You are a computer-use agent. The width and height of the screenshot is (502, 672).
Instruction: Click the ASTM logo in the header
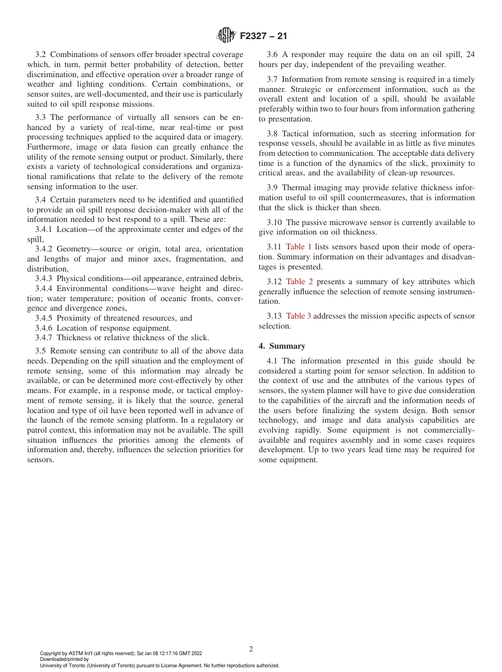[x=226, y=36]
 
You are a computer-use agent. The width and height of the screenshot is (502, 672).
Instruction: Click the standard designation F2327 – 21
[x=263, y=36]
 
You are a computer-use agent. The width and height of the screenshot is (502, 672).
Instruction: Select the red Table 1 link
[x=299, y=247]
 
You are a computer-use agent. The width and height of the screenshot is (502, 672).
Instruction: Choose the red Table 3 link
[x=299, y=316]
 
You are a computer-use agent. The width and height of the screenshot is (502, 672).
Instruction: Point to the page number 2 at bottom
[x=251, y=649]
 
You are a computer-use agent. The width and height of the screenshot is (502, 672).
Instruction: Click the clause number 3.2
[x=41, y=54]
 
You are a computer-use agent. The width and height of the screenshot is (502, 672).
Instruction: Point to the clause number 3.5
[x=41, y=350]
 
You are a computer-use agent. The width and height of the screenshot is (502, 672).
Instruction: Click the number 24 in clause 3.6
[x=470, y=54]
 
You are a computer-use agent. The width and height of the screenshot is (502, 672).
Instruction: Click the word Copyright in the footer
[x=51, y=654]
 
